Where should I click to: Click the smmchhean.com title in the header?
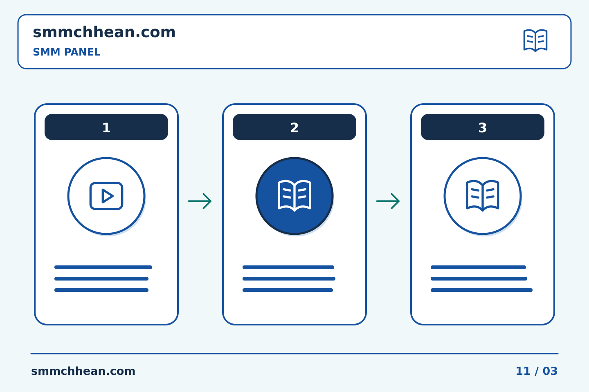coord(104,32)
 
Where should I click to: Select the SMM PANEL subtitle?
coord(67,52)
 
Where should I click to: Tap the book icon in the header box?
coord(535,40)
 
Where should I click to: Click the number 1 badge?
coord(106,127)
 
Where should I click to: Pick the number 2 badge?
coord(294,127)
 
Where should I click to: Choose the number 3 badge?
coord(483,127)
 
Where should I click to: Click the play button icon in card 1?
coord(106,196)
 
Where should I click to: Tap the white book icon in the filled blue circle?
coord(294,196)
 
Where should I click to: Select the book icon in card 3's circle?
coord(483,196)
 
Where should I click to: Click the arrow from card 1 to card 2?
coord(200,201)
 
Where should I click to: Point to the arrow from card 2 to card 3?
coord(388,201)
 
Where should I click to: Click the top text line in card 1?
coord(103,267)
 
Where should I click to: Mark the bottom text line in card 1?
coord(101,290)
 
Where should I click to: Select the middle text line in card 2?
coord(289,278)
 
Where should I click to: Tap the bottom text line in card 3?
coord(482,290)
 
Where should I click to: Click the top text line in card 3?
coord(478,267)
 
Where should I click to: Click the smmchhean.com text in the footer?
coord(83,371)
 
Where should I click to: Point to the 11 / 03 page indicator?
coord(537,371)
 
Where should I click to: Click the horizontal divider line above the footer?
coord(294,354)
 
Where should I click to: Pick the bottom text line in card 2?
coord(288,290)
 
